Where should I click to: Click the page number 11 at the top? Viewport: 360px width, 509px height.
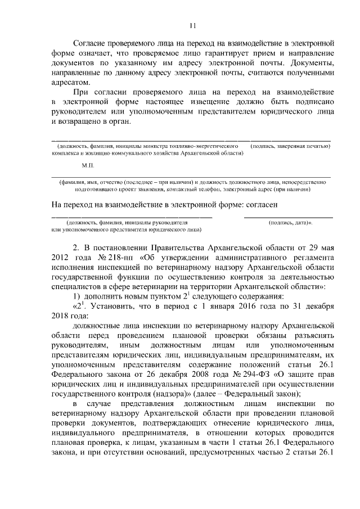(192, 25)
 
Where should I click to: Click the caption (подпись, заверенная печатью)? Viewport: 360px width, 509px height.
(291, 146)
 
